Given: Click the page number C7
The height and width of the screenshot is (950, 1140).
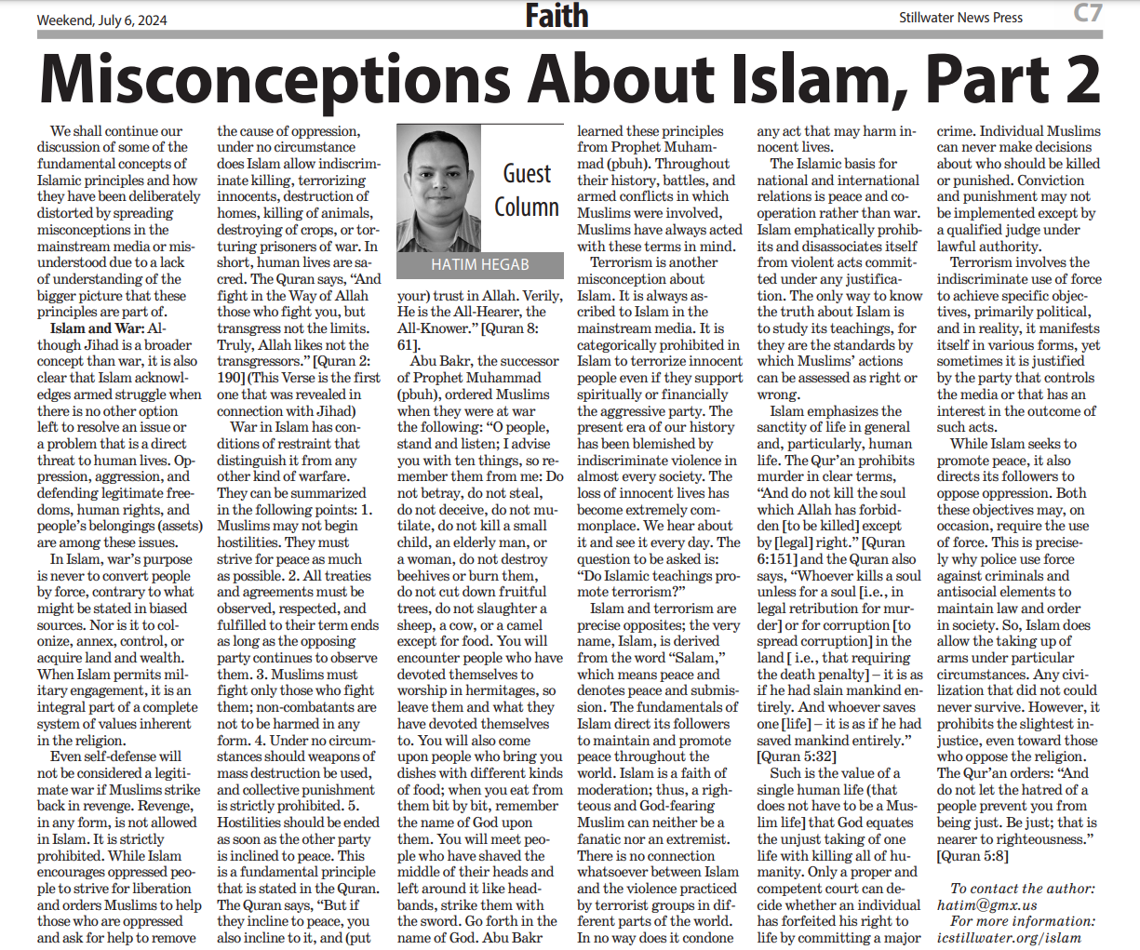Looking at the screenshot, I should [1087, 14].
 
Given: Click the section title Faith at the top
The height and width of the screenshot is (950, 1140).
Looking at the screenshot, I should [557, 16].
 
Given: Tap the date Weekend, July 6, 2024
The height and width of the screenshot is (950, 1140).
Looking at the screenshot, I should [96, 20].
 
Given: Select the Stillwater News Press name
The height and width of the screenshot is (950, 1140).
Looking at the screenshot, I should [960, 18].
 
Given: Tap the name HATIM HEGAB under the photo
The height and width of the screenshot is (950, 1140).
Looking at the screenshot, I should [479, 265].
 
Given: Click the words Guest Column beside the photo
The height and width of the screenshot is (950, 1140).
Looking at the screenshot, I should [527, 190].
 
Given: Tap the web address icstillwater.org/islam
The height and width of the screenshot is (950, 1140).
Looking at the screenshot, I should [1009, 937].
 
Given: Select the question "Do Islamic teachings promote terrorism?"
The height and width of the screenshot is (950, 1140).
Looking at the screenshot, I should [657, 583].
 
